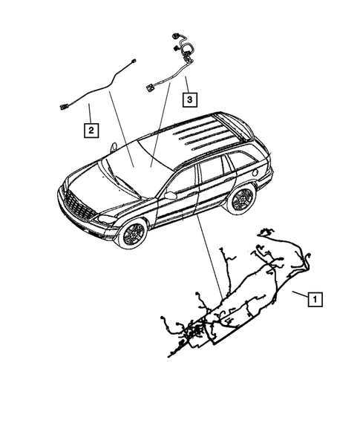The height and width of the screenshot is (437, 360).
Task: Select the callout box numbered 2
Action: (91, 131)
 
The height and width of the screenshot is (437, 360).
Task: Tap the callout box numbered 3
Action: (191, 98)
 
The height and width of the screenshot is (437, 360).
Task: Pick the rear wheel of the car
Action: (241, 198)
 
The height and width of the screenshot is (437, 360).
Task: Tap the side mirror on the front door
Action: (170, 195)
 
